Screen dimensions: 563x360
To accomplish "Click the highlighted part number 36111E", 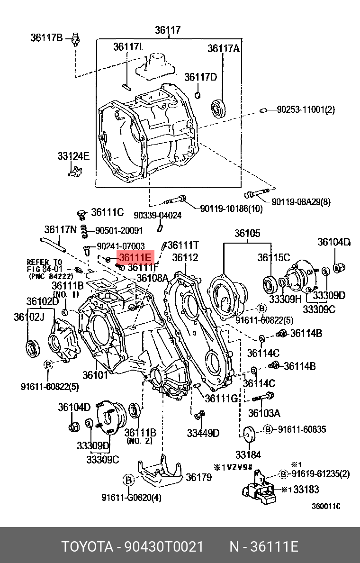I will click(x=135, y=257).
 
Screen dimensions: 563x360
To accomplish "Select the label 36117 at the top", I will click(x=168, y=31).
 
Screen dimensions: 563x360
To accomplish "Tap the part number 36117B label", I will click(x=46, y=37).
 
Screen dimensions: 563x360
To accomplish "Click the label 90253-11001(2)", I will click(x=306, y=110).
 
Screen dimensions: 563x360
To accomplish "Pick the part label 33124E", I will click(x=73, y=155).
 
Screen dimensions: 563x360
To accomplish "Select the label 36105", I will click(x=247, y=233).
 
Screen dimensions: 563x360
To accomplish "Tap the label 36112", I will click(x=185, y=258).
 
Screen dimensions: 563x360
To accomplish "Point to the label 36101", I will click(x=96, y=374).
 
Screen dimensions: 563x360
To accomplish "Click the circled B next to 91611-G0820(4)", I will click(x=129, y=480).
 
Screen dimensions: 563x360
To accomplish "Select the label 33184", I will click(x=248, y=454).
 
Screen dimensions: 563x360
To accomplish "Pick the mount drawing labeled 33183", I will click(x=260, y=488).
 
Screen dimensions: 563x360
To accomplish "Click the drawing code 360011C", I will click(x=326, y=506).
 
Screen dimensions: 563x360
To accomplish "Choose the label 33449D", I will click(x=203, y=433).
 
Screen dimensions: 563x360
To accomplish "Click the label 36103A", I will click(x=264, y=413).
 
